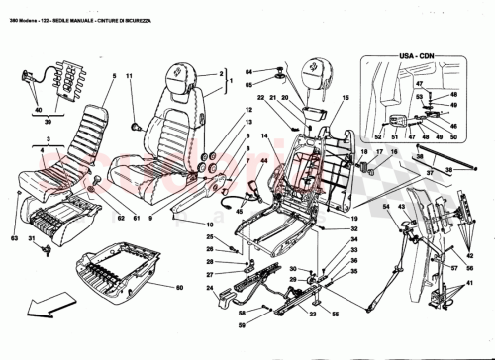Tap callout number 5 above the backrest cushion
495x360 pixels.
(114, 76)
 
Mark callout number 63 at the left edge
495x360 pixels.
(16, 237)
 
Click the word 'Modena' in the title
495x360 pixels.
(32, 9)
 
